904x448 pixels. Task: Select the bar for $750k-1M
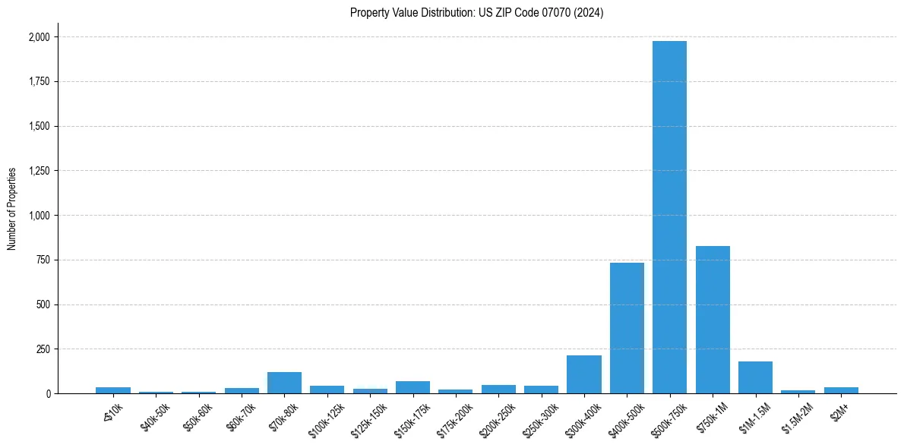(x=713, y=320)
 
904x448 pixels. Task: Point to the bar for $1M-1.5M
(x=755, y=377)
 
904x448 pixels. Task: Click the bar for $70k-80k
(x=284, y=383)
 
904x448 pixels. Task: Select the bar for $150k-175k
(x=412, y=387)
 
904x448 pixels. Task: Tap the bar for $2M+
(x=841, y=390)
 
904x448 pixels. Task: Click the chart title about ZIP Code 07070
(x=476, y=13)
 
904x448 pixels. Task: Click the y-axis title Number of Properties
(x=12, y=208)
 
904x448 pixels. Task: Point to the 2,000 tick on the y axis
(x=39, y=37)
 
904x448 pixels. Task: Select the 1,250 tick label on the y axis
(x=39, y=171)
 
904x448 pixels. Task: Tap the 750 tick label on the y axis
(x=43, y=260)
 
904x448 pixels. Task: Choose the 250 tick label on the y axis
(x=43, y=349)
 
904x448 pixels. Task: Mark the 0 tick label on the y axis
(x=48, y=394)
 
